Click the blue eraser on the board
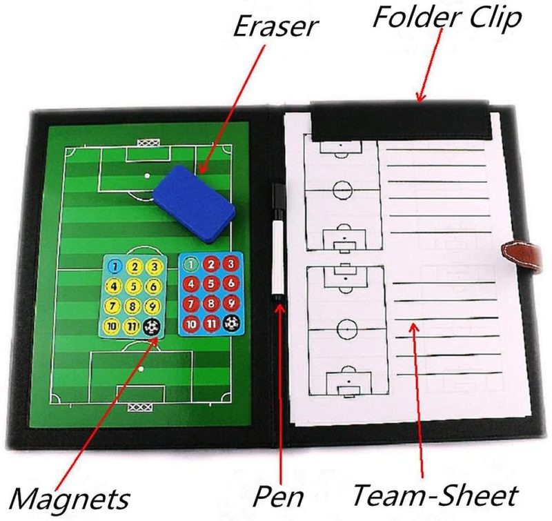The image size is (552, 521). coord(194,204)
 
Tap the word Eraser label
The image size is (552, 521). coord(275,26)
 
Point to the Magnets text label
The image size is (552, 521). coord(70,498)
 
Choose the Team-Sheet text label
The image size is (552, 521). coord(435,495)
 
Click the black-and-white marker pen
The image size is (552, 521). coord(279,242)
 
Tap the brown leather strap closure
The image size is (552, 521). coord(522,255)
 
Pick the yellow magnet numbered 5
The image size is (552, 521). coord(133,286)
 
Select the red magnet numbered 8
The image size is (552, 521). coord(210,303)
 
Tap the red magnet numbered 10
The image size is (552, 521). coord(191,324)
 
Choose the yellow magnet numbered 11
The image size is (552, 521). coord(131,326)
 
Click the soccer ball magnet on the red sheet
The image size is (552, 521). coord(232,322)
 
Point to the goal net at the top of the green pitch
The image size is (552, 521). coord(148,143)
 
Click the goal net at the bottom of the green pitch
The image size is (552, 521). coord(140,407)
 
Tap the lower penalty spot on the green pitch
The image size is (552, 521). coord(141,369)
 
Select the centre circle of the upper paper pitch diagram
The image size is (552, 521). coord(342,189)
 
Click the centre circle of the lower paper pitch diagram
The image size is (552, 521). coord(347,328)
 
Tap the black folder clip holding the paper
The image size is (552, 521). coord(400,121)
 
